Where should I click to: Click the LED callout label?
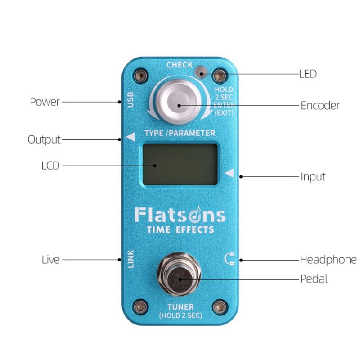[x=308, y=74]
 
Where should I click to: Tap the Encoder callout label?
[x=320, y=106]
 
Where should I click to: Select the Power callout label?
[x=45, y=102]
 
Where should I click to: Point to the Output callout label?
[x=44, y=139]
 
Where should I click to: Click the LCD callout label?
[x=50, y=166]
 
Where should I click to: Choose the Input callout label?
[x=313, y=177]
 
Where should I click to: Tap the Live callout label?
[x=51, y=260]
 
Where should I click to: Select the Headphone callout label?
[x=328, y=260]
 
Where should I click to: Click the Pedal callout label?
[x=314, y=279]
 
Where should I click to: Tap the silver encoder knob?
[x=179, y=102]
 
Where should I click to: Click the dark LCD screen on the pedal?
[x=180, y=164]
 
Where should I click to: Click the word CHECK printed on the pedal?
[x=180, y=65]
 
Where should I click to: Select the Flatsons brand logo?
[x=180, y=215]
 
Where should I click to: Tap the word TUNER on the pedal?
[x=181, y=307]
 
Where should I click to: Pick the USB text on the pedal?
[x=130, y=100]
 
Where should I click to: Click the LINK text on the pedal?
[x=130, y=259]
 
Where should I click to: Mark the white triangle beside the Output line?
[x=131, y=137]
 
